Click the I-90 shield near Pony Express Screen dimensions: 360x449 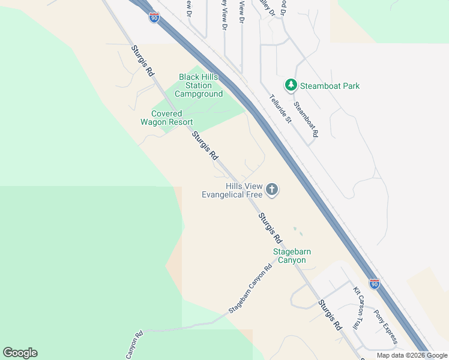pos(374,283)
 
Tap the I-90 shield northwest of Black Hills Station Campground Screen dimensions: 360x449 pos(154,17)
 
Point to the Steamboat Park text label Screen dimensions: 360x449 pos(330,86)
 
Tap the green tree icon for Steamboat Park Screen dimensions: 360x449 pos(291,85)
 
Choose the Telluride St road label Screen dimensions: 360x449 pos(280,109)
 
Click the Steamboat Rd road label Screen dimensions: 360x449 pos(306,119)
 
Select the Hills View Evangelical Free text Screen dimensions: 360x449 pos(232,191)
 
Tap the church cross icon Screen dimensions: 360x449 pos(272,190)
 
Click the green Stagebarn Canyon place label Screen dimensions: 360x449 pos(292,256)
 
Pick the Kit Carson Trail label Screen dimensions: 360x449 pos(358,307)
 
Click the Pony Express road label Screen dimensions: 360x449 pos(385,326)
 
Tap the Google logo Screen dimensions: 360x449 pos(20,353)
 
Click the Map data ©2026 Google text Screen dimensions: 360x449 pos(412,355)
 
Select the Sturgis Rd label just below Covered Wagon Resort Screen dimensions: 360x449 pos(205,146)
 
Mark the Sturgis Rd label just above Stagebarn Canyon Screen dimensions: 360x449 pos(270,227)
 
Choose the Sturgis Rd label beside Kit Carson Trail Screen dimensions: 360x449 pos(330,315)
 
